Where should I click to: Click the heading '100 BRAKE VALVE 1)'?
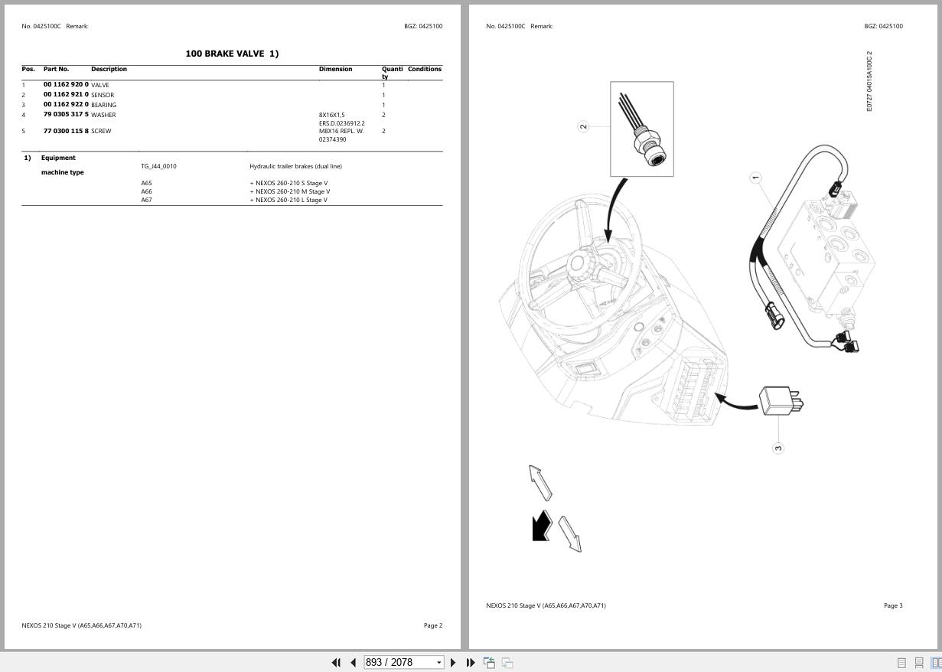click(232, 54)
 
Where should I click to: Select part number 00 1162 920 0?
click(66, 85)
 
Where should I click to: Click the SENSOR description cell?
click(103, 95)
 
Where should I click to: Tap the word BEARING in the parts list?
click(104, 105)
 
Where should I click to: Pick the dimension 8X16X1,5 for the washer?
click(332, 115)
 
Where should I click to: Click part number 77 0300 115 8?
click(66, 131)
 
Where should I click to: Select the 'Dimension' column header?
click(335, 69)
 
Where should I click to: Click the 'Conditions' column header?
click(424, 69)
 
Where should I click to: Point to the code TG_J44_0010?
click(158, 166)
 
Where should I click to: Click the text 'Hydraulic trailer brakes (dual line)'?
click(295, 166)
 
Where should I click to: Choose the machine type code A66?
click(146, 191)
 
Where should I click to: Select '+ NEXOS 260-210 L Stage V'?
click(288, 200)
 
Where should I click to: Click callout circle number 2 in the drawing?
click(583, 126)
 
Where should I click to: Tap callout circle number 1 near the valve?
click(755, 178)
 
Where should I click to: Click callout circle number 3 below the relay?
click(778, 448)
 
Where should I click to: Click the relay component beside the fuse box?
click(778, 400)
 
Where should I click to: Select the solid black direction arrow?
click(541, 527)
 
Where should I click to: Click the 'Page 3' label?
click(893, 605)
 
